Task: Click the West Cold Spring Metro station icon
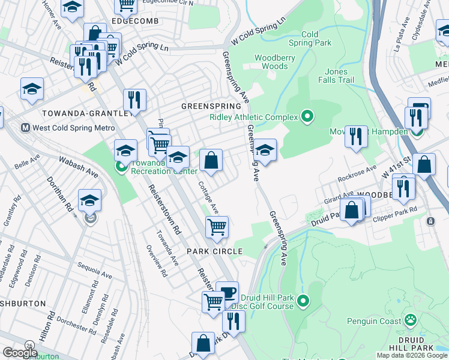26,128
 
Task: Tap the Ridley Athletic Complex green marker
307,116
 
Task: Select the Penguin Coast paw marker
411,320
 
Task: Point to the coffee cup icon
227,292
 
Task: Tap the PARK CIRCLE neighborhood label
214,251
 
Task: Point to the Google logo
20,353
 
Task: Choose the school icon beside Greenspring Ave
265,149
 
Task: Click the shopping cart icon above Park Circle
216,227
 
